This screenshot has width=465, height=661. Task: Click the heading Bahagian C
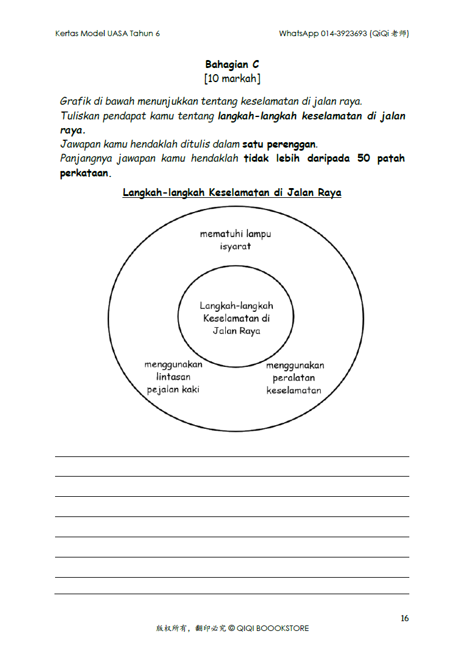pyautogui.click(x=232, y=64)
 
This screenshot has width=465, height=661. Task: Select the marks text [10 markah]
pyautogui.click(x=232, y=78)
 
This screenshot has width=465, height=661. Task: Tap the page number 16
pyautogui.click(x=404, y=618)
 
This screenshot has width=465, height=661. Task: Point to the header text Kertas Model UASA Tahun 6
pyautogui.click(x=108, y=34)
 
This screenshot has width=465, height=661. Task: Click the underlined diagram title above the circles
pyautogui.click(x=232, y=192)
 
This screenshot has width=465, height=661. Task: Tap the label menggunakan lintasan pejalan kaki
pyautogui.click(x=173, y=377)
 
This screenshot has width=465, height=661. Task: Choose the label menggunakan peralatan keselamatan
pyautogui.click(x=294, y=378)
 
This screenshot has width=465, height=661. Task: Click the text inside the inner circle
pyautogui.click(x=236, y=318)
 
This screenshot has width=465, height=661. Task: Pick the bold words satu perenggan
pyautogui.click(x=280, y=145)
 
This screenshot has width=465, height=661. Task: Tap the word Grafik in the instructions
pyautogui.click(x=75, y=101)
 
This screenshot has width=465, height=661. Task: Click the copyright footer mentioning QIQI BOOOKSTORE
pyautogui.click(x=232, y=628)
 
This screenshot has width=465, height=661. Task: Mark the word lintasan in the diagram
pyautogui.click(x=173, y=377)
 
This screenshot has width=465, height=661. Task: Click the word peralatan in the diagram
pyautogui.click(x=294, y=378)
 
